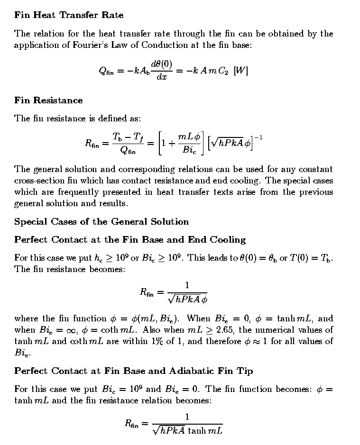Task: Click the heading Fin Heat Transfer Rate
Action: click(69, 15)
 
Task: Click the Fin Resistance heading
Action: click(48, 100)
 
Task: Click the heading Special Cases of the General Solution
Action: click(102, 222)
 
